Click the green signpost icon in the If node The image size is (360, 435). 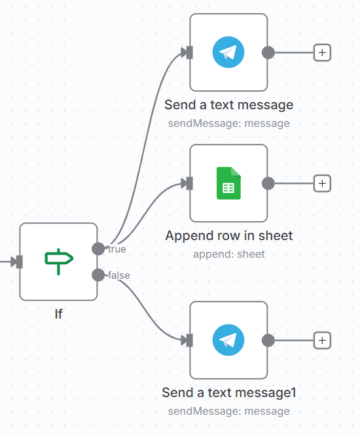pos(58,261)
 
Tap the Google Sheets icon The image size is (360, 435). pos(228,183)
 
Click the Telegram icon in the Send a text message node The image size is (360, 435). pos(228,52)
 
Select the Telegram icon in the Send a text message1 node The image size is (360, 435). pos(228,340)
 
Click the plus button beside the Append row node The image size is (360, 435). pos(322,183)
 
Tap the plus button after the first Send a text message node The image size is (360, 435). pos(322,52)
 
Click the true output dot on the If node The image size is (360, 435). pos(98,249)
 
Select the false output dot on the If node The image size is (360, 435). pos(98,275)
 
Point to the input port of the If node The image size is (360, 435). pos(19,262)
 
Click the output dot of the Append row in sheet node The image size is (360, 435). pos(268,183)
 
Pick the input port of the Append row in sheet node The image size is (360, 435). pos(189,183)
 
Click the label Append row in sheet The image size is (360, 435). pos(228,235)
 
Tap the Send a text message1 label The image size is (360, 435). pos(228,392)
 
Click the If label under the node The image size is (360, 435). pos(58,314)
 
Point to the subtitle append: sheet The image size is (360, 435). pos(228,254)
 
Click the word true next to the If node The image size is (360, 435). pos(117,249)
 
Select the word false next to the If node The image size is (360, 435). pos(118,275)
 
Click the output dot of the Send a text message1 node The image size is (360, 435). pos(268,340)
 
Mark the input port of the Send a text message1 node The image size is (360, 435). pos(189,340)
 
